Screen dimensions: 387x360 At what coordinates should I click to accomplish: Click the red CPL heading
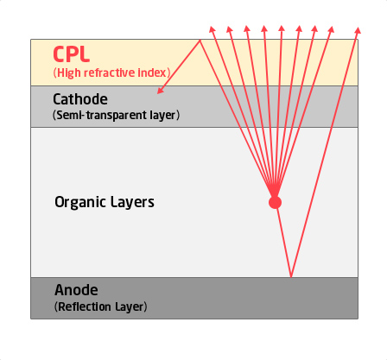point(72,54)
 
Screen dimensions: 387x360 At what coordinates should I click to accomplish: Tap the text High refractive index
point(111,73)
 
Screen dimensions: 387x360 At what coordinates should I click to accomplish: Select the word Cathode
point(80,99)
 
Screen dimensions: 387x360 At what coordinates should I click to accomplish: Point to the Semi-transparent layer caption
point(117,115)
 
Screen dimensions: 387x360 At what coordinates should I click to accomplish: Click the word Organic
point(79,203)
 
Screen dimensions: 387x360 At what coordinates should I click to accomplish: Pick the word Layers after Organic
point(132,202)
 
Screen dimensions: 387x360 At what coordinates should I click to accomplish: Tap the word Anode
point(76,290)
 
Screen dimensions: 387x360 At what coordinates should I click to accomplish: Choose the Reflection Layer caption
point(101,306)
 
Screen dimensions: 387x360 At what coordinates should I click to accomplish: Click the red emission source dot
point(275,202)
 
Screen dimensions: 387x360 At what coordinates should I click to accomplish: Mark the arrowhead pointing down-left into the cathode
point(160,91)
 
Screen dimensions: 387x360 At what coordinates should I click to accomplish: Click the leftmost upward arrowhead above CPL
point(212,29)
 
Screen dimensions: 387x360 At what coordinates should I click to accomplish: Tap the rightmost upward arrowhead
point(358,30)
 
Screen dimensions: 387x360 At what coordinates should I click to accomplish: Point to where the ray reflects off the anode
point(291,277)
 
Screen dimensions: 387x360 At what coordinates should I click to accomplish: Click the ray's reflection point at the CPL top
point(200,41)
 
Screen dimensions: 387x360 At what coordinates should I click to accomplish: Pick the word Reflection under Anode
point(85,306)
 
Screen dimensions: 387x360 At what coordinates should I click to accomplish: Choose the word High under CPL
point(69,73)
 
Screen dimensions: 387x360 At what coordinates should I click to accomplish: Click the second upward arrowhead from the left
point(229,29)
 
